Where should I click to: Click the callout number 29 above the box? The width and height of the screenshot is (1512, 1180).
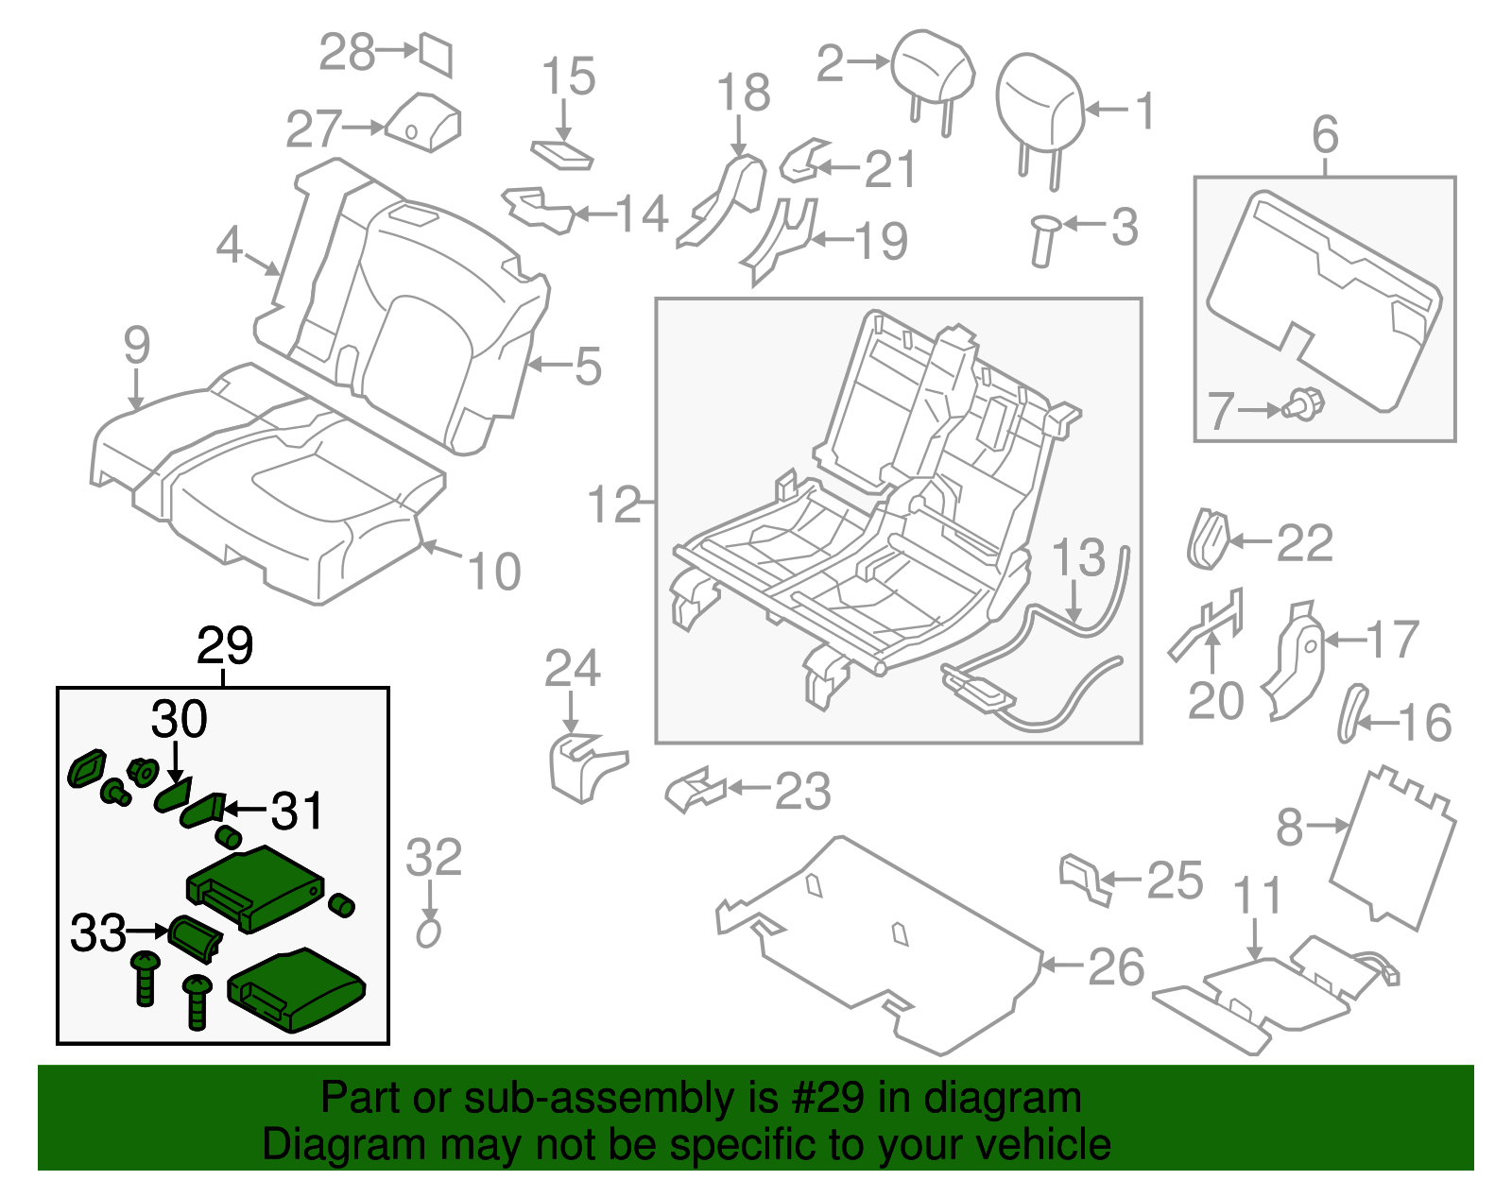225,647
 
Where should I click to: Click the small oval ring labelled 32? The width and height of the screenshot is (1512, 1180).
429,933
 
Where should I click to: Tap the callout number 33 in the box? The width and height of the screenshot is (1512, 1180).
98,933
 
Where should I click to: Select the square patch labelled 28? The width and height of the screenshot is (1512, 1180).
437,54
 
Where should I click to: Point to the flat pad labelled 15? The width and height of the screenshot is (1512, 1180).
563,155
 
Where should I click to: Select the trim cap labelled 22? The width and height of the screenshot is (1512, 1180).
1206,540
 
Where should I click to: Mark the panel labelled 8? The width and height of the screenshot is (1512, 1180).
1391,845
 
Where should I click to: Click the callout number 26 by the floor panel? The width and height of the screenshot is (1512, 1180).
1116,967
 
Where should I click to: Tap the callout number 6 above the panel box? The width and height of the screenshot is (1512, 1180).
1325,135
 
